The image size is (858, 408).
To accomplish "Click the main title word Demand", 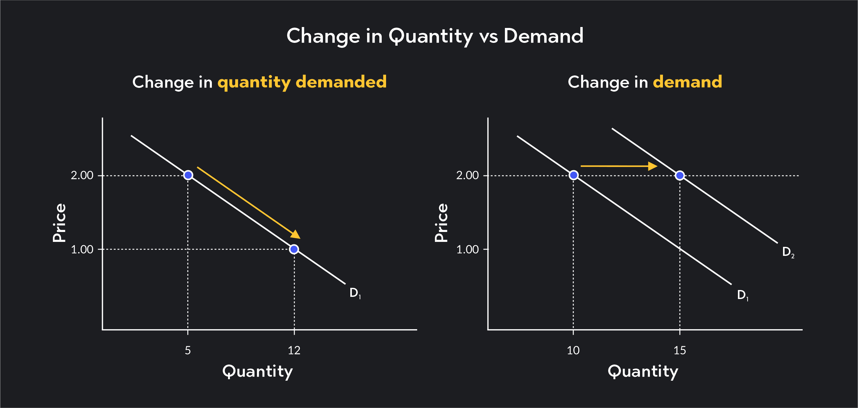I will [543, 36].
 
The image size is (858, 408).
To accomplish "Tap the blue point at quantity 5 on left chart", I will [188, 175].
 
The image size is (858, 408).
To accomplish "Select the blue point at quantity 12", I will [294, 249].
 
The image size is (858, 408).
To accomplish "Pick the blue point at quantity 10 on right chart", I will [574, 175].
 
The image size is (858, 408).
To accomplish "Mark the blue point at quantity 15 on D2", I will [680, 175].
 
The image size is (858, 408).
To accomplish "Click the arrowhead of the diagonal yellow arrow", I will [296, 235].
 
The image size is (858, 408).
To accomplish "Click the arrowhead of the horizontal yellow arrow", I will [652, 166].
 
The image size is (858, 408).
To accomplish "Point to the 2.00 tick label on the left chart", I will [82, 175].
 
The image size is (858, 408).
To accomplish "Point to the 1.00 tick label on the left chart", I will [82, 249].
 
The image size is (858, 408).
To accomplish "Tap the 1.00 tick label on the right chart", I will [467, 249].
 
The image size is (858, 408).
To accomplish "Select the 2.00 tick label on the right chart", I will [467, 175].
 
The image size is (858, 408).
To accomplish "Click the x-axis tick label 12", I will [294, 351].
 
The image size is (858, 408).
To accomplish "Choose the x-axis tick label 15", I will [680, 351].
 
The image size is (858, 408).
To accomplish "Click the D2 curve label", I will [788, 252].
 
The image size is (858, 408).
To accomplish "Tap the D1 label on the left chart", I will [355, 293].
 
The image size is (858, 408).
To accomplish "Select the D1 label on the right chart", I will [742, 295].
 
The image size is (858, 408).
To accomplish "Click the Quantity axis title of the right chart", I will [643, 371].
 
